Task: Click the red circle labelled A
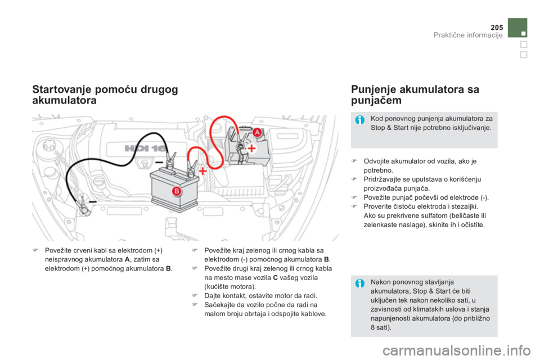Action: [x=256, y=132]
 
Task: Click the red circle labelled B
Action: [x=175, y=191]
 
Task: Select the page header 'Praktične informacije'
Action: [x=468, y=37]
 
